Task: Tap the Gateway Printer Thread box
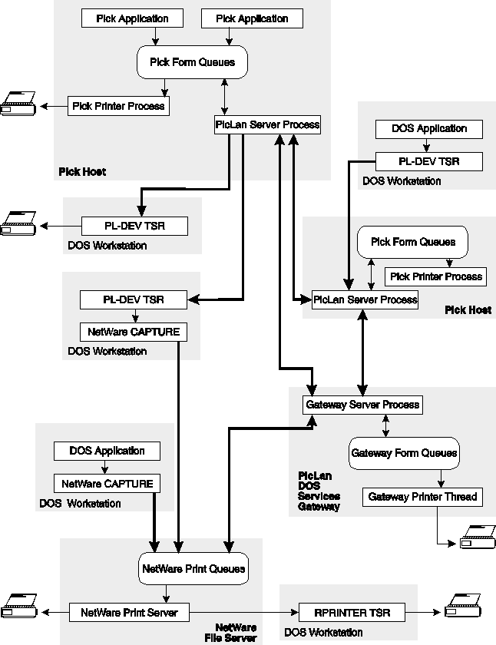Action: [x=422, y=497]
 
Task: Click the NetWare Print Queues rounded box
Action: [x=193, y=569]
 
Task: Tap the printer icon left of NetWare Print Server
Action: [x=18, y=607]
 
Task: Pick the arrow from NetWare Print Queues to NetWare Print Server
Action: [x=167, y=594]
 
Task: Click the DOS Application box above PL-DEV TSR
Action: [x=429, y=129]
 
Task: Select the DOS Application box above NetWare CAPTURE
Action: [x=107, y=451]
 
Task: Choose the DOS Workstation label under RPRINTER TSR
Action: [x=323, y=633]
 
